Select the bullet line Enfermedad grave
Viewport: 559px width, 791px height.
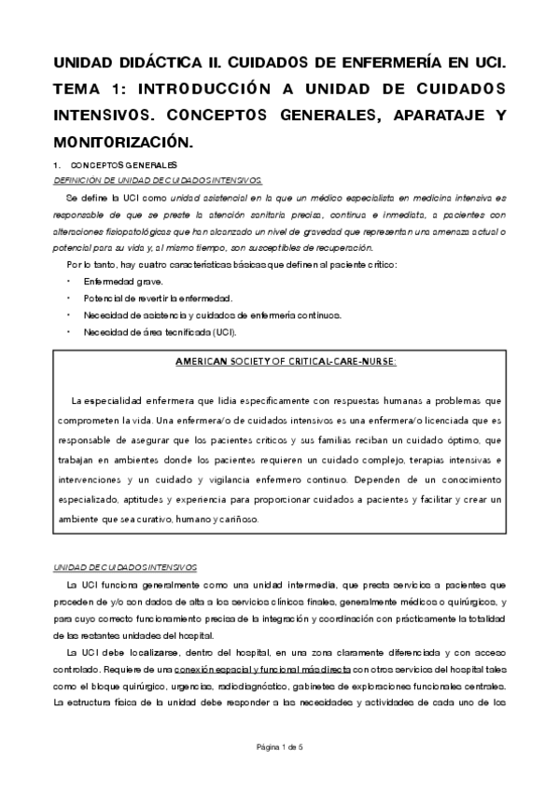pyautogui.click(x=123, y=281)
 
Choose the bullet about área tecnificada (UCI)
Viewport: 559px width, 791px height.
pyautogui.click(x=160, y=331)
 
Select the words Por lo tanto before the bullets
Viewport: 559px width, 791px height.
pyautogui.click(x=89, y=264)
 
